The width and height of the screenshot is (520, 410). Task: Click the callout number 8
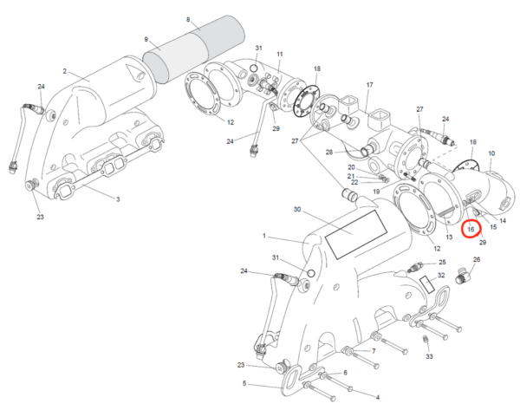pos(188,18)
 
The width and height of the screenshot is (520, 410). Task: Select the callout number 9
pos(146,39)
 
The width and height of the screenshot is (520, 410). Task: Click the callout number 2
pos(64,70)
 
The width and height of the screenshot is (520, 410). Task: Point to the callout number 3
pos(118,198)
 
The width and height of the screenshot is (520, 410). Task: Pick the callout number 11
pos(280,54)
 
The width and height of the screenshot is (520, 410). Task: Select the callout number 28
pos(330,152)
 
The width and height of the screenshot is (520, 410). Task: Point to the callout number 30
pos(297,210)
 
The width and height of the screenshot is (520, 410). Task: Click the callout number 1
pos(263,236)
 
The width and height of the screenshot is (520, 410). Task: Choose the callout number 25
pos(442,261)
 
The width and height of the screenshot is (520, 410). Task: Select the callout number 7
pos(373,351)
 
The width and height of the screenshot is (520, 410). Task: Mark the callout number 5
pos(244,383)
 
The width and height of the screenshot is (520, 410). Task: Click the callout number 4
pos(377,397)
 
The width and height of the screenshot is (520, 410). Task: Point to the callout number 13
pos(449,236)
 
